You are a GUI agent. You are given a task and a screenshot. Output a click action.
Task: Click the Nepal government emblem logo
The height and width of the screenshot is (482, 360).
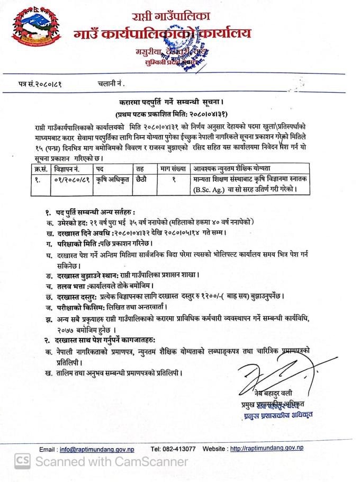[28, 29]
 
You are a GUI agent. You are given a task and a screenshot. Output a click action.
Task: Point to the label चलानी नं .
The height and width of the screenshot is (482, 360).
[112, 83]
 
